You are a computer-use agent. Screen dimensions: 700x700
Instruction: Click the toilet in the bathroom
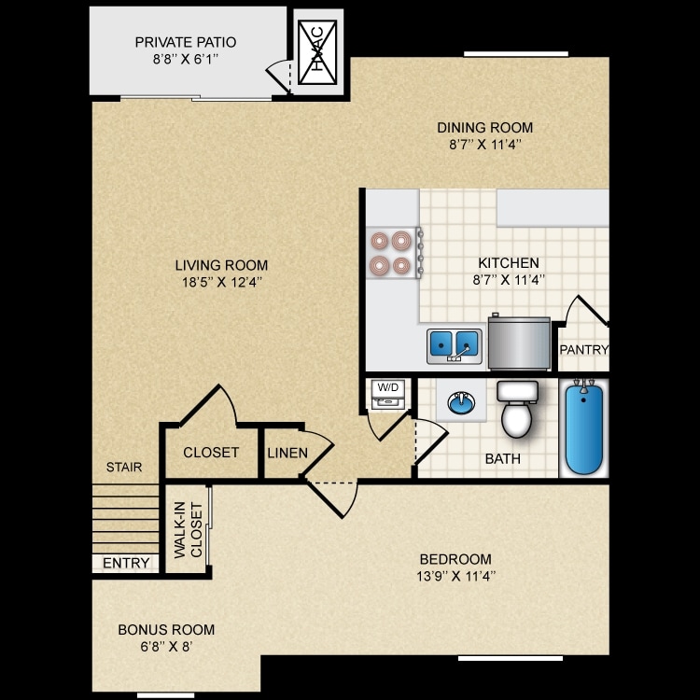(515, 411)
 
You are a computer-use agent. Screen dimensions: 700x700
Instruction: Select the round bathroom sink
(460, 403)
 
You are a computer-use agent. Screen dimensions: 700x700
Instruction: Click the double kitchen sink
(455, 345)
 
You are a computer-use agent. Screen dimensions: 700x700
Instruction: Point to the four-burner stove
(391, 253)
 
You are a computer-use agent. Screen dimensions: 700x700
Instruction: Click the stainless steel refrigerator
(518, 343)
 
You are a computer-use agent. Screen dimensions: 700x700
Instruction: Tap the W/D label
(387, 387)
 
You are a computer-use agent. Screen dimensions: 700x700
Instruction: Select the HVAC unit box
(317, 55)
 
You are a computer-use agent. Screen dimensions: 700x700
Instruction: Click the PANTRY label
(583, 350)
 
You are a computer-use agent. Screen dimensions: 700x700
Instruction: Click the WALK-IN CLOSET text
(187, 531)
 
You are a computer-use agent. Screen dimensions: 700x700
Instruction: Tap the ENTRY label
(125, 563)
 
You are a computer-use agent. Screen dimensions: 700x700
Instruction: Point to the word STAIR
(124, 467)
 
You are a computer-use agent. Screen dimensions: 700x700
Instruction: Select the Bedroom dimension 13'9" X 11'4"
(456, 576)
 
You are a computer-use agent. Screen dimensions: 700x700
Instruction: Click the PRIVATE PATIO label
(185, 42)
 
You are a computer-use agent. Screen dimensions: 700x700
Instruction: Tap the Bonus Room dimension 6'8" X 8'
(166, 646)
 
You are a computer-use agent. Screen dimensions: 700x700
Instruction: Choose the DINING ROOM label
(485, 128)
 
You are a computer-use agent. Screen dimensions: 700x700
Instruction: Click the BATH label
(502, 459)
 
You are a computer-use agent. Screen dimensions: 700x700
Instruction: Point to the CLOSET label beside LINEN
(211, 453)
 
